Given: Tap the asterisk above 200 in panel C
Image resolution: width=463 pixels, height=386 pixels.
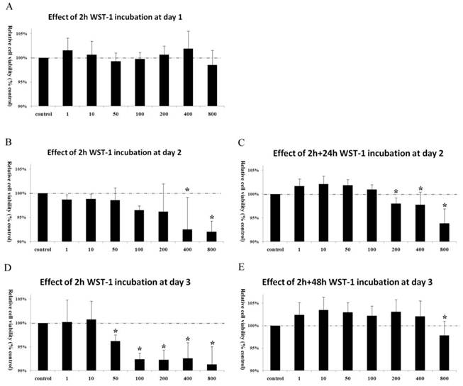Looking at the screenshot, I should coord(396,192).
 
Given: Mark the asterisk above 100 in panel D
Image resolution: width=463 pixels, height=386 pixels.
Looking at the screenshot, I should coord(139,348).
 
